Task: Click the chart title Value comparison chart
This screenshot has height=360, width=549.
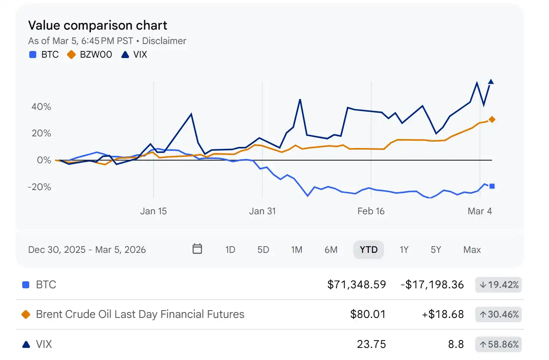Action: (x=97, y=25)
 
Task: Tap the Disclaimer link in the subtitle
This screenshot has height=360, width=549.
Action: (x=164, y=41)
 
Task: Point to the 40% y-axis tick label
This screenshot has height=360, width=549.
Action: (x=41, y=107)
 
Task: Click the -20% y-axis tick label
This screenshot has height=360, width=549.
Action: (x=39, y=187)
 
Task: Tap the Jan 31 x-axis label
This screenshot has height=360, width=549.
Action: (x=262, y=211)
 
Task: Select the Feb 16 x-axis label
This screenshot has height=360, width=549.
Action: (x=371, y=211)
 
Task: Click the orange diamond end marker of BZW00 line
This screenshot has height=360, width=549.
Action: (x=492, y=120)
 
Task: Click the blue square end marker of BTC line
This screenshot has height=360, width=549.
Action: (x=492, y=186)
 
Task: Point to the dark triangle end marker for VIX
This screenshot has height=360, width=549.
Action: (x=491, y=82)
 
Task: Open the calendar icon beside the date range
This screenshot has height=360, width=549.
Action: (x=197, y=249)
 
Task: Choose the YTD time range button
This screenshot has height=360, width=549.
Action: (x=368, y=250)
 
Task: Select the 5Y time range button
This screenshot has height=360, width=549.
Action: (x=436, y=250)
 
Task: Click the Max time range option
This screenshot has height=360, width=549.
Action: (x=472, y=250)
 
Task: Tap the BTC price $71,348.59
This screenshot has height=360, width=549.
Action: (x=356, y=285)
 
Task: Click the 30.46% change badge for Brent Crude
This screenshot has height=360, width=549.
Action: (x=499, y=314)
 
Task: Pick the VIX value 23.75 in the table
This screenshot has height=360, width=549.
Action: (x=371, y=344)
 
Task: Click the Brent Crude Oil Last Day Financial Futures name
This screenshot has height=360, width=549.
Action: (x=140, y=314)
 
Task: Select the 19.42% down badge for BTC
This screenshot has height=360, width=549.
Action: (x=499, y=285)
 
